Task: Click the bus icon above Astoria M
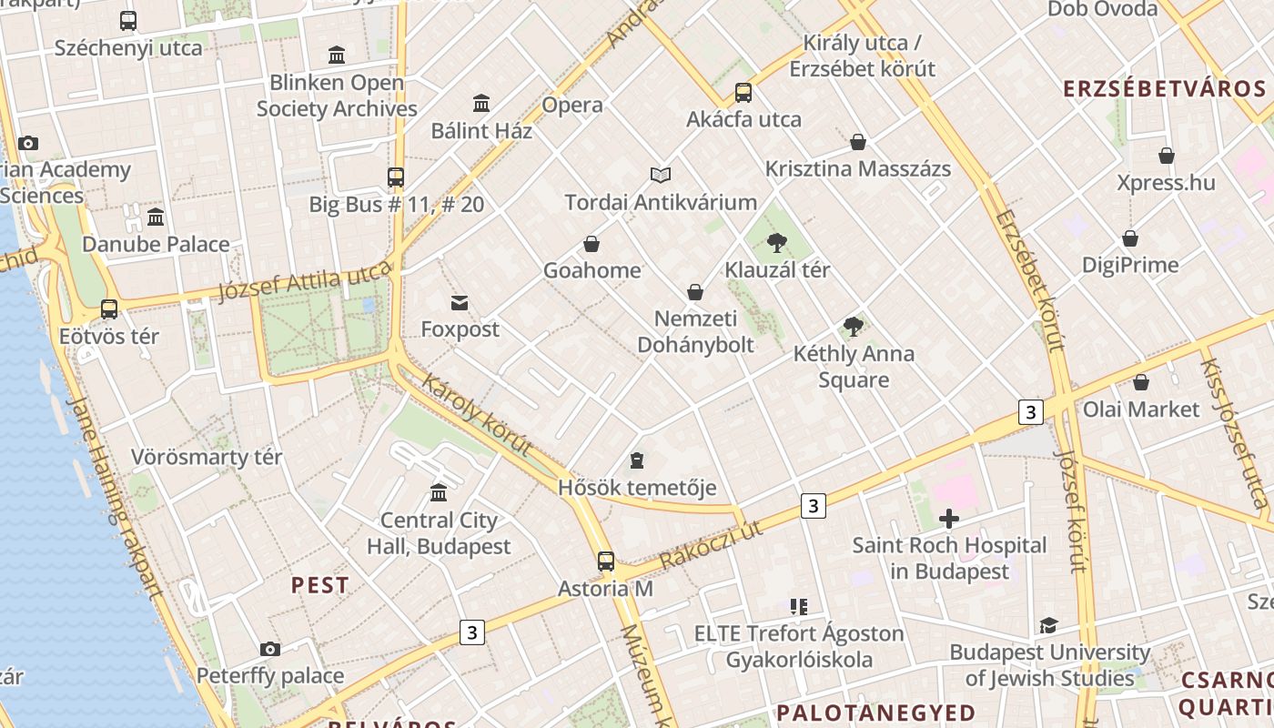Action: coord(606,561)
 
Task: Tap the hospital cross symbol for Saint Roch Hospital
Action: coord(949,519)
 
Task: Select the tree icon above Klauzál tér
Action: coord(776,242)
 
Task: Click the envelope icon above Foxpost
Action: coord(460,302)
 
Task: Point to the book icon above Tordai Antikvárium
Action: coord(661,175)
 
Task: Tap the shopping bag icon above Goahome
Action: coord(591,244)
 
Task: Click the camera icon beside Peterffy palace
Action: coord(269,649)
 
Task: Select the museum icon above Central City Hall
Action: coord(439,492)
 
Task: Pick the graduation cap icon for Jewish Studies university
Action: coord(1048,625)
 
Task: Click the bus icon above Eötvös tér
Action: coord(109,309)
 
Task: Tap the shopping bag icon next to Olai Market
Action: coord(1141,382)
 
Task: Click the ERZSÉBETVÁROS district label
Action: coord(1165,88)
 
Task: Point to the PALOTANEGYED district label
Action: coord(875,712)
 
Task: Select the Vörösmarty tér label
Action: coord(207,456)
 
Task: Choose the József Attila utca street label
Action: coord(305,280)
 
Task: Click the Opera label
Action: coord(572,105)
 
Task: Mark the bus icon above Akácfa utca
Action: coord(743,92)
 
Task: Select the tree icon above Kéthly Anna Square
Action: coord(853,327)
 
